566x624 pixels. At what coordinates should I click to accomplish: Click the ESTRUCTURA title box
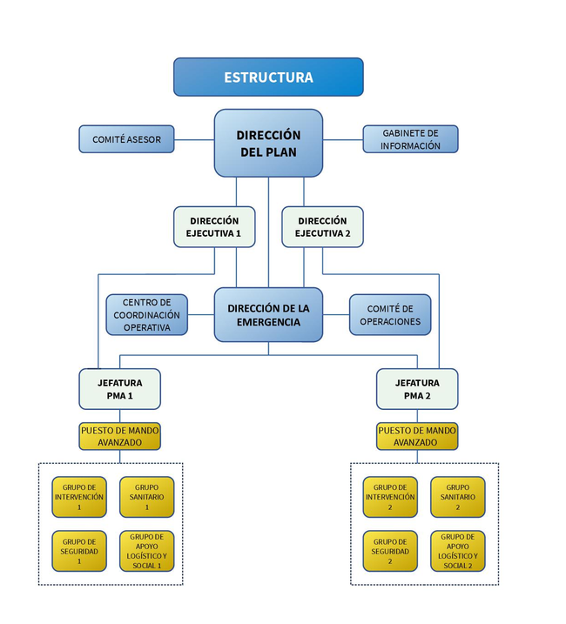(268, 77)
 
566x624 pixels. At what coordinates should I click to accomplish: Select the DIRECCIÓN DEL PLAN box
(268, 143)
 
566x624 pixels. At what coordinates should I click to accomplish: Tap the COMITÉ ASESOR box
(126, 139)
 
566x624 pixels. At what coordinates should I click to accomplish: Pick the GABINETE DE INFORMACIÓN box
(410, 139)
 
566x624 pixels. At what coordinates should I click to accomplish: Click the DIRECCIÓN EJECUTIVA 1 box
(214, 227)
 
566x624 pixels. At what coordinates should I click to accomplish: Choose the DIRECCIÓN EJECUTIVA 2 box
(322, 227)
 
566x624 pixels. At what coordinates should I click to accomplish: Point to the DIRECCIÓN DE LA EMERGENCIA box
(268, 315)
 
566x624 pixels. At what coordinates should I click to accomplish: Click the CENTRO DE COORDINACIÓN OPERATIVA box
(146, 315)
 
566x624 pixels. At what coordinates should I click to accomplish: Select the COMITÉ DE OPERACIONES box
(389, 315)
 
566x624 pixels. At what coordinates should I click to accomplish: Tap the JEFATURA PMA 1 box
(120, 389)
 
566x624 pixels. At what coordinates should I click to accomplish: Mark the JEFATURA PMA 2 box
(417, 389)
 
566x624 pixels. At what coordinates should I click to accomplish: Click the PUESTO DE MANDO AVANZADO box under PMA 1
(120, 436)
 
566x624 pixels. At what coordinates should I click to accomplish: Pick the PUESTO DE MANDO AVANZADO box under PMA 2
(417, 436)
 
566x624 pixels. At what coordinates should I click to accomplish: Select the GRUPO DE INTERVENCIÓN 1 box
(79, 497)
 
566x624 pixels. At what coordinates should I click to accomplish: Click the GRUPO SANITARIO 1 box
(146, 497)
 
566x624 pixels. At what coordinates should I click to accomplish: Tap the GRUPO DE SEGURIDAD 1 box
(79, 551)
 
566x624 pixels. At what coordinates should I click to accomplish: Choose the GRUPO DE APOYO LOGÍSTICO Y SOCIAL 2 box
(457, 551)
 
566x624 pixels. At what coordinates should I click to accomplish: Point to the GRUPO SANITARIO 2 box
(457, 497)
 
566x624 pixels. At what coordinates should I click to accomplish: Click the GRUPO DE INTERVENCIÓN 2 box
(390, 497)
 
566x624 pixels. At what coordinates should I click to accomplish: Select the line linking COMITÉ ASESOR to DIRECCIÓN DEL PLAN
(194, 139)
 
